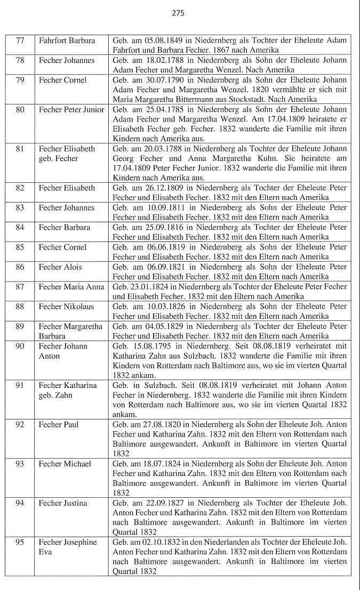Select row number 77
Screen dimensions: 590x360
pyautogui.click(x=20, y=41)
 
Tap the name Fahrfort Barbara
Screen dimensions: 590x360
pyautogui.click(x=67, y=41)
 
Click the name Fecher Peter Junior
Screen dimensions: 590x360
pyautogui.click(x=71, y=109)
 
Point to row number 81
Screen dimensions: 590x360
pyautogui.click(x=20, y=149)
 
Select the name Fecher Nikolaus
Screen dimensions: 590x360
pyautogui.click(x=67, y=306)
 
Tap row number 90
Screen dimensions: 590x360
pyautogui.click(x=20, y=346)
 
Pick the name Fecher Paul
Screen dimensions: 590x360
pyautogui.click(x=59, y=424)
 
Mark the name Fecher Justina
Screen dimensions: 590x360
pyautogui.click(x=63, y=503)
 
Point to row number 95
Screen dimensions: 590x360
pyautogui.click(x=20, y=542)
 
